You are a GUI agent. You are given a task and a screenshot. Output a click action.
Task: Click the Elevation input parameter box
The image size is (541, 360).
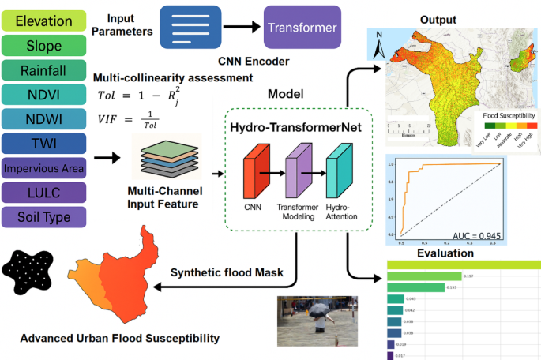tap(43, 21)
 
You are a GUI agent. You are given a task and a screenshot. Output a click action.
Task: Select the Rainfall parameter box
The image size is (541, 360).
tap(43, 70)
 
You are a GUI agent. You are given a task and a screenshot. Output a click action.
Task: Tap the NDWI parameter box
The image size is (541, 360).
tap(43, 119)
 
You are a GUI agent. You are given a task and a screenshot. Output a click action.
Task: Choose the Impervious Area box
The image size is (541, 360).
tap(43, 168)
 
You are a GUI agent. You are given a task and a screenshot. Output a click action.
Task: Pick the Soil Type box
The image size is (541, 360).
tap(43, 216)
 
